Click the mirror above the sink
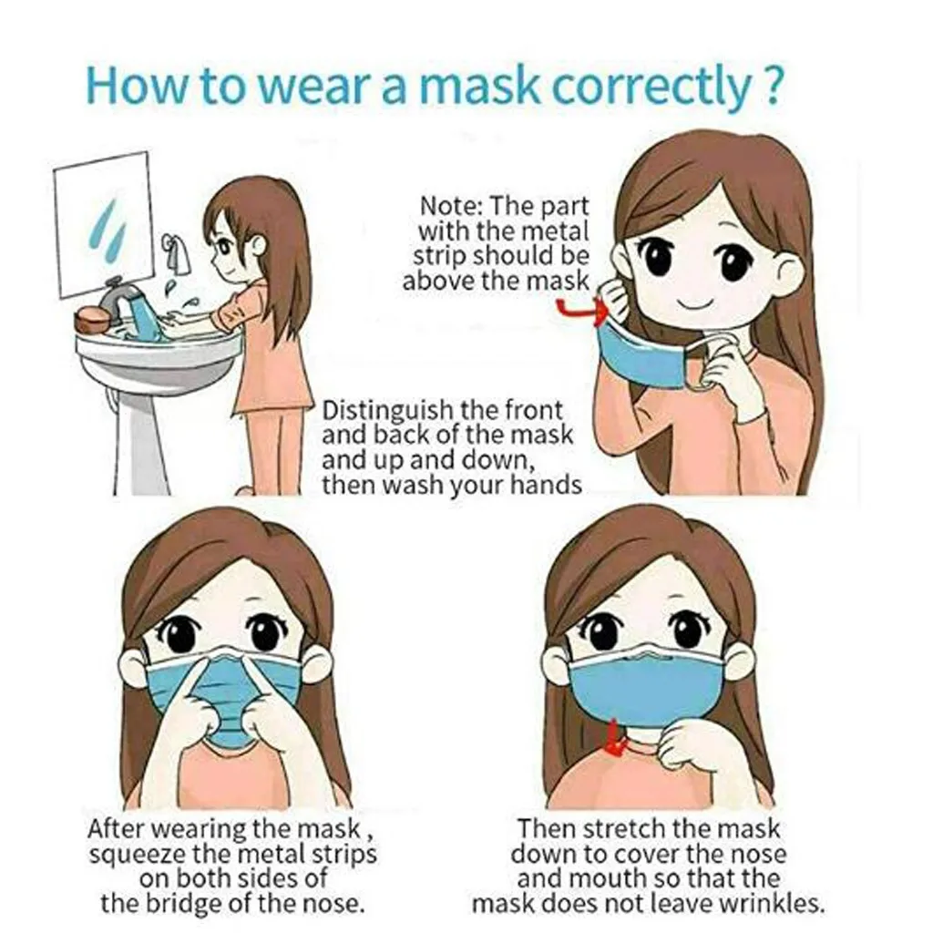point(104,223)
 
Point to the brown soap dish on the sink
point(90,319)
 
